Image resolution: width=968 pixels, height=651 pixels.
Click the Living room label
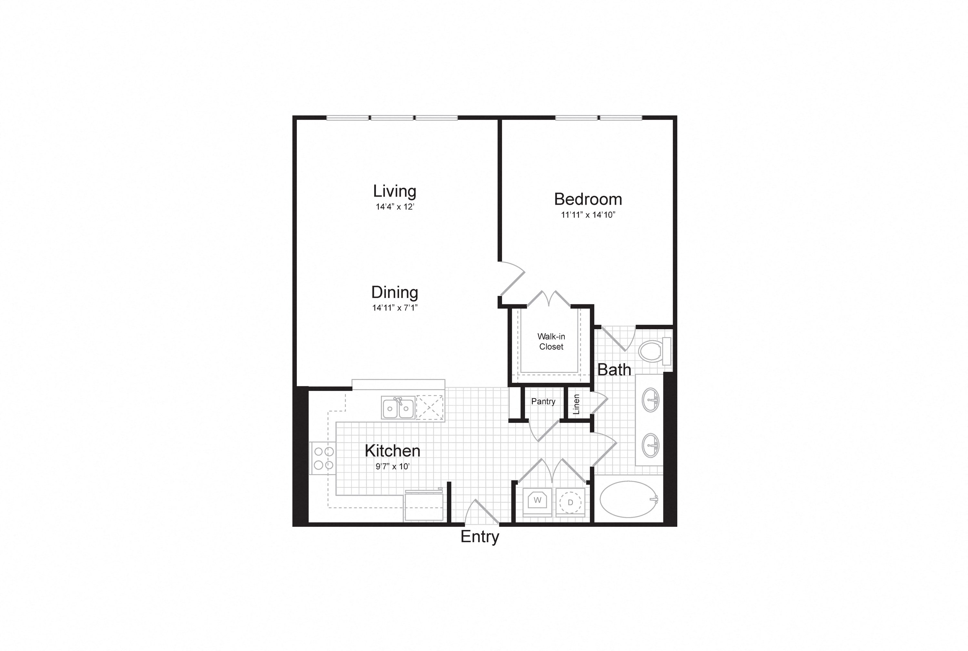pos(394,191)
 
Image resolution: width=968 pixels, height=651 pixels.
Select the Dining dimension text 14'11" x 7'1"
pos(395,308)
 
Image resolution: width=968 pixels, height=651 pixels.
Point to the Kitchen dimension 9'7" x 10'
pos(393,466)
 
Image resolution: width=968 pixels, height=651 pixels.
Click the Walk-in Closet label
pos(551,341)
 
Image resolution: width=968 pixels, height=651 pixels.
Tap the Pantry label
pos(543,402)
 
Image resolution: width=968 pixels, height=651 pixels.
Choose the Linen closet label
pos(576,404)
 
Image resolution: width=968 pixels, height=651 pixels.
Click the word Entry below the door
pos(480,537)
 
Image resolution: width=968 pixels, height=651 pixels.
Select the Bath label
pos(614,370)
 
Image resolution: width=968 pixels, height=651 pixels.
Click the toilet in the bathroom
pos(655,351)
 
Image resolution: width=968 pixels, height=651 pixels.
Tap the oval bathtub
pos(629,499)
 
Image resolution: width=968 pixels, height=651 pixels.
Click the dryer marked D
pos(570,502)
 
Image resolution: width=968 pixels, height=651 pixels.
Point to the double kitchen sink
pos(398,408)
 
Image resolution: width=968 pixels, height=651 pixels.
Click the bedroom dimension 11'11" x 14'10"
pos(588,215)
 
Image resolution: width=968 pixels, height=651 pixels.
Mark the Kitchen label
pos(393,451)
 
